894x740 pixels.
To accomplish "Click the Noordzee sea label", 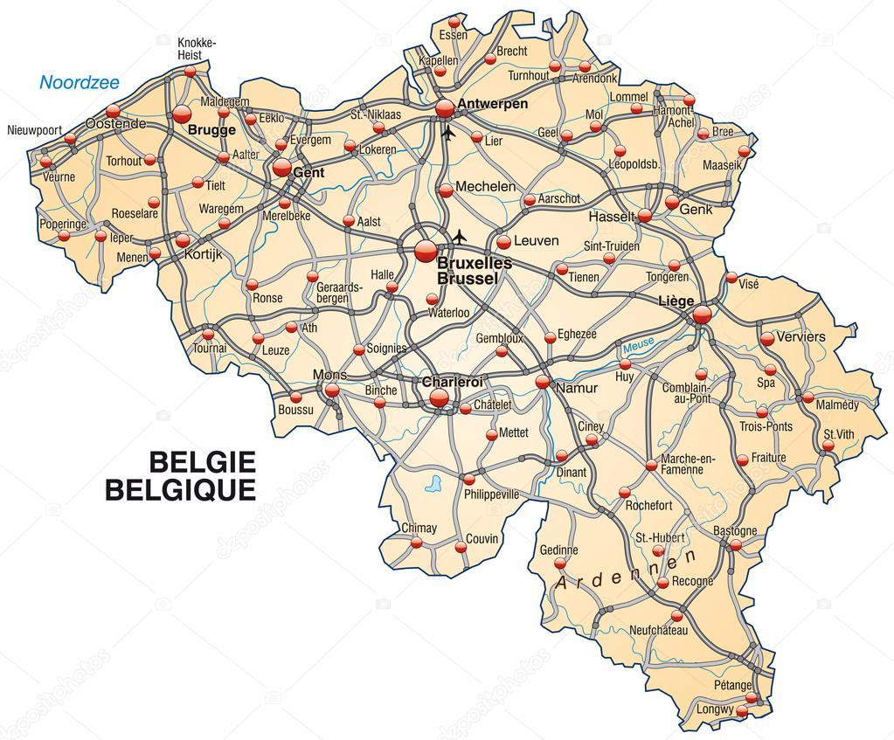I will coord(80,83).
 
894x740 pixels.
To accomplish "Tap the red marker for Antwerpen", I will coord(445,107).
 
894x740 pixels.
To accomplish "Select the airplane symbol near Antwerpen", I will coord(449,134).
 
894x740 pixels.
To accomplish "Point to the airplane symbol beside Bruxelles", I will coord(460,236).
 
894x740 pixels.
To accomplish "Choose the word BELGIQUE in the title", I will coord(181,490).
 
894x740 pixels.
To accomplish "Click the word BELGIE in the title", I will coord(203,461).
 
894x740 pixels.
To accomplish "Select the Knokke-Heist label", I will coord(196,48).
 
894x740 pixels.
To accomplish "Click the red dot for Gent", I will coord(281,167).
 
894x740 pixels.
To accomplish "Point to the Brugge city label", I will coord(211,130).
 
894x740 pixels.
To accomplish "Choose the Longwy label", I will coord(717,709).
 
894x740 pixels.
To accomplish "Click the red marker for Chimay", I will coord(417,543).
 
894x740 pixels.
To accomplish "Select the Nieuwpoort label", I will coord(34,130).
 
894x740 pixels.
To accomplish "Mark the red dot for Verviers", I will coord(766,337).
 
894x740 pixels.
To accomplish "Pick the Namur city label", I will coord(576,386).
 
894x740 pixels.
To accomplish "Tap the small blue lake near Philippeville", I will coord(431,481).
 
